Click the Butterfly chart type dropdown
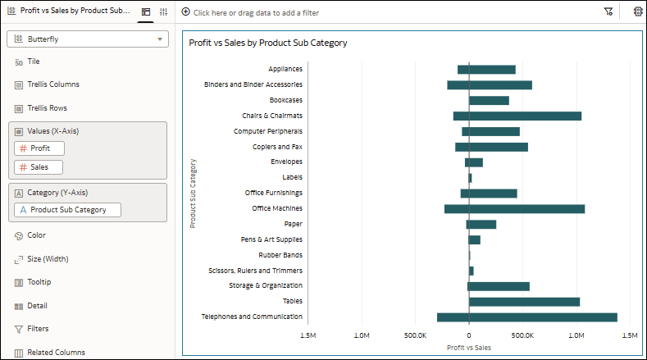pyautogui.click(x=87, y=39)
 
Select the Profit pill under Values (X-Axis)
pyautogui.click(x=39, y=148)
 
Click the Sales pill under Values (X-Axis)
pyautogui.click(x=39, y=167)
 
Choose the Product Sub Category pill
pyautogui.click(x=67, y=210)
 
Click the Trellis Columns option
pyautogui.click(x=53, y=84)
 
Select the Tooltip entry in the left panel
pyautogui.click(x=39, y=282)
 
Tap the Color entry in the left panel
pyautogui.click(x=36, y=235)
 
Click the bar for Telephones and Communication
pyautogui.click(x=526, y=317)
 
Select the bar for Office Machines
pyautogui.click(x=514, y=209)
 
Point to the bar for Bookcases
pyautogui.click(x=489, y=100)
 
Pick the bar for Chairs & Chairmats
pyautogui.click(x=517, y=116)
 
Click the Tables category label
pyautogui.click(x=292, y=301)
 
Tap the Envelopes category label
pyautogui.click(x=286, y=162)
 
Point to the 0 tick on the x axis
pyautogui.click(x=469, y=335)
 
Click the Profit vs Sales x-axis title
pyautogui.click(x=469, y=347)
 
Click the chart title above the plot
pyautogui.click(x=268, y=43)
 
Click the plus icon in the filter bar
pyautogui.click(x=185, y=12)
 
